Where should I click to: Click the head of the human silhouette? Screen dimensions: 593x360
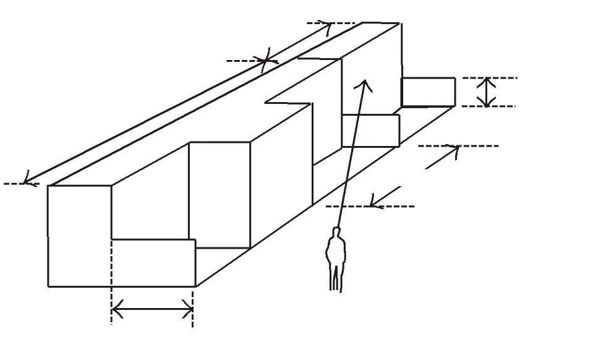[x=336, y=233]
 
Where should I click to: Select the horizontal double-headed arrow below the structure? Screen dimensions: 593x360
[x=152, y=309]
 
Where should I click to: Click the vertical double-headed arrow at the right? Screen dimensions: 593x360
[x=488, y=92]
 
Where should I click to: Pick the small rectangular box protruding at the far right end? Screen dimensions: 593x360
[x=428, y=92]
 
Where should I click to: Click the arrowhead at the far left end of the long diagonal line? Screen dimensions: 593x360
[x=26, y=181]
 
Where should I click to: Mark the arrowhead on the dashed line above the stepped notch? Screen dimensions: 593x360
[x=267, y=61]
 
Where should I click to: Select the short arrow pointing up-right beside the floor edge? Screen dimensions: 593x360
[x=443, y=158]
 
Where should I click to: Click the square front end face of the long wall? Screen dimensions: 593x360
[x=79, y=235]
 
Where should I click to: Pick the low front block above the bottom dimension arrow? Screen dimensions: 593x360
[x=153, y=263]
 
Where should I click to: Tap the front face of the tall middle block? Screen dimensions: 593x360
[x=220, y=194]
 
